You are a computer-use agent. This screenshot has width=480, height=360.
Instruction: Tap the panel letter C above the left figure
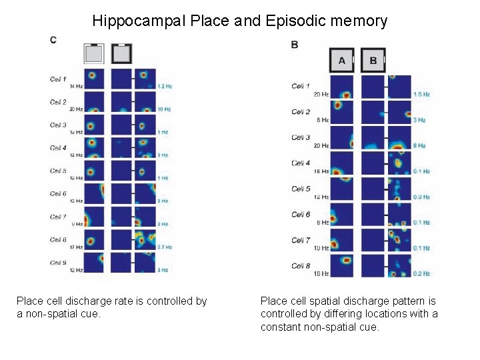[x=53, y=40]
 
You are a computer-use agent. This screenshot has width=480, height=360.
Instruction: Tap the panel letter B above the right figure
[x=295, y=45]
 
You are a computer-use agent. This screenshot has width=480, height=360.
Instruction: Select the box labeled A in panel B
[x=342, y=61]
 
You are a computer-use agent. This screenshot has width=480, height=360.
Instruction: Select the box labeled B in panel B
[x=373, y=61]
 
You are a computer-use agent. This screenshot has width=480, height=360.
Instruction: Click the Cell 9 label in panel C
[x=58, y=262]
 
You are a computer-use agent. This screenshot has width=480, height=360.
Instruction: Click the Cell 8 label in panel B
[x=301, y=266]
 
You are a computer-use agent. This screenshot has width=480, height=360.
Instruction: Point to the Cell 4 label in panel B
[x=301, y=163]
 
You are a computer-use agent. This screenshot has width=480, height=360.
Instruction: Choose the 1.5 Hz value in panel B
[x=421, y=95]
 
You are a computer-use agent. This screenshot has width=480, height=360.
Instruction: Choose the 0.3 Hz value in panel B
[x=421, y=197]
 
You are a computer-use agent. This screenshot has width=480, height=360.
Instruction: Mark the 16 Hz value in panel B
[x=321, y=171]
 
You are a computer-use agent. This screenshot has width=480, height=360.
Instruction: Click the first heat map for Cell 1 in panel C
[x=94, y=78]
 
